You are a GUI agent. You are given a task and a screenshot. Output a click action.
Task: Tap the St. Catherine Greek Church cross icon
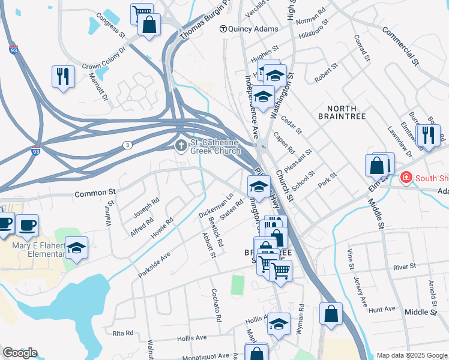181,146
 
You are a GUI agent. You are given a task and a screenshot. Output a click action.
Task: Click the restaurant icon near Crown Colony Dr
63,76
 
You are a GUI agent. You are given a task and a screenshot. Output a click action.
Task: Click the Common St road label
94,193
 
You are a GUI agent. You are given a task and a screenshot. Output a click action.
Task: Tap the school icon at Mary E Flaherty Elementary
77,247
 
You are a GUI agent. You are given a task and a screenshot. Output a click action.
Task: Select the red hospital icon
406,178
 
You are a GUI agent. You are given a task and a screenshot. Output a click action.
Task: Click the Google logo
19,353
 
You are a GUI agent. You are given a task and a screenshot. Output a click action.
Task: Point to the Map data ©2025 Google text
411,355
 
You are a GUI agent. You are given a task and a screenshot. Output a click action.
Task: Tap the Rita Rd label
122,332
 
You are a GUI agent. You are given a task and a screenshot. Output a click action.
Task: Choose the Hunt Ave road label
382,309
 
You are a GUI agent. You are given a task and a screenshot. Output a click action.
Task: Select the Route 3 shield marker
127,145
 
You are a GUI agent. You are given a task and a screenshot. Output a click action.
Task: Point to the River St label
405,266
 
